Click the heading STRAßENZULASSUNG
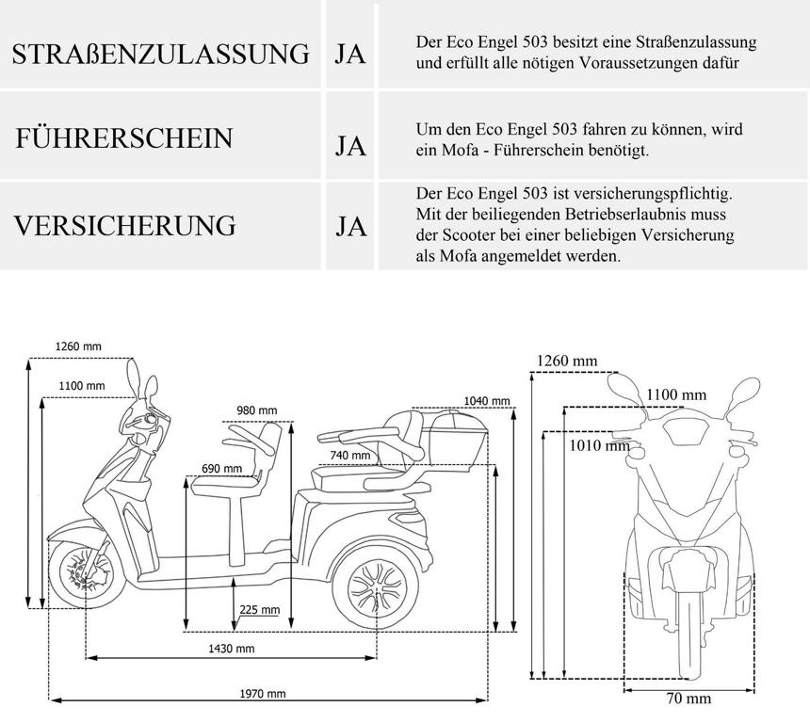(x=160, y=54)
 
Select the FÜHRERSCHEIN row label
(x=123, y=138)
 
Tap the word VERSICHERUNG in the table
(x=123, y=226)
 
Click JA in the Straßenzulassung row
(x=350, y=54)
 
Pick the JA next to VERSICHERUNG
(x=350, y=227)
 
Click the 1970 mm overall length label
(x=263, y=694)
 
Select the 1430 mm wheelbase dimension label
(x=231, y=649)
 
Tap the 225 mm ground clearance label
(x=259, y=610)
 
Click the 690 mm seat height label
(x=221, y=468)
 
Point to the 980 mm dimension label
(x=256, y=410)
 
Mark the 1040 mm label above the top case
(x=487, y=401)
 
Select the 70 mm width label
(x=689, y=699)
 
